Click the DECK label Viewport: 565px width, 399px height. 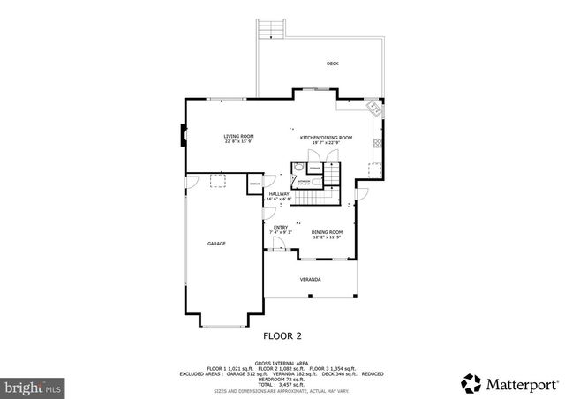332,64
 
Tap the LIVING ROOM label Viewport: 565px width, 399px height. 238,136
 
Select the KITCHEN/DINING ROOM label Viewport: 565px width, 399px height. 326,138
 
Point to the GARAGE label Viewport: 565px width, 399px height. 216,243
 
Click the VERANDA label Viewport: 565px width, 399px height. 310,280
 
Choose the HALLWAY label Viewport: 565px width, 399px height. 279,194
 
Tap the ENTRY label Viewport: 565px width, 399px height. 281,228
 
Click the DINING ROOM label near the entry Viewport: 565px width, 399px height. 327,232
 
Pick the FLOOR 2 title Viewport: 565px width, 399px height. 282,336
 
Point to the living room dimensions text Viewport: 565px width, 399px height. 238,141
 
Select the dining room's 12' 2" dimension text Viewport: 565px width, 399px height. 327,237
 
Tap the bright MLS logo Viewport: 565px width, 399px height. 34,387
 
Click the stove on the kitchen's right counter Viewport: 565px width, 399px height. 377,142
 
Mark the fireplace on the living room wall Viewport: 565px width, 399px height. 184,136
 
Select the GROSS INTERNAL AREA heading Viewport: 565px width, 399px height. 282,362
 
